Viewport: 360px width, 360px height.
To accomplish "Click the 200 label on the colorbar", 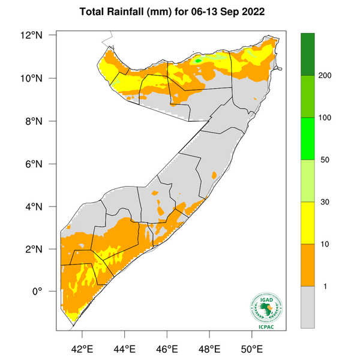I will point(326,76).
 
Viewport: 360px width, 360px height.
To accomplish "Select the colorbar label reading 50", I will point(324,160).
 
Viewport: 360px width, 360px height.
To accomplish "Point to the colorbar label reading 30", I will point(324,202).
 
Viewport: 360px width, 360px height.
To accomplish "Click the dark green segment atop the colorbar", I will point(308,54).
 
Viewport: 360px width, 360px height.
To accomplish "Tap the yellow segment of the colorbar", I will point(308,223).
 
